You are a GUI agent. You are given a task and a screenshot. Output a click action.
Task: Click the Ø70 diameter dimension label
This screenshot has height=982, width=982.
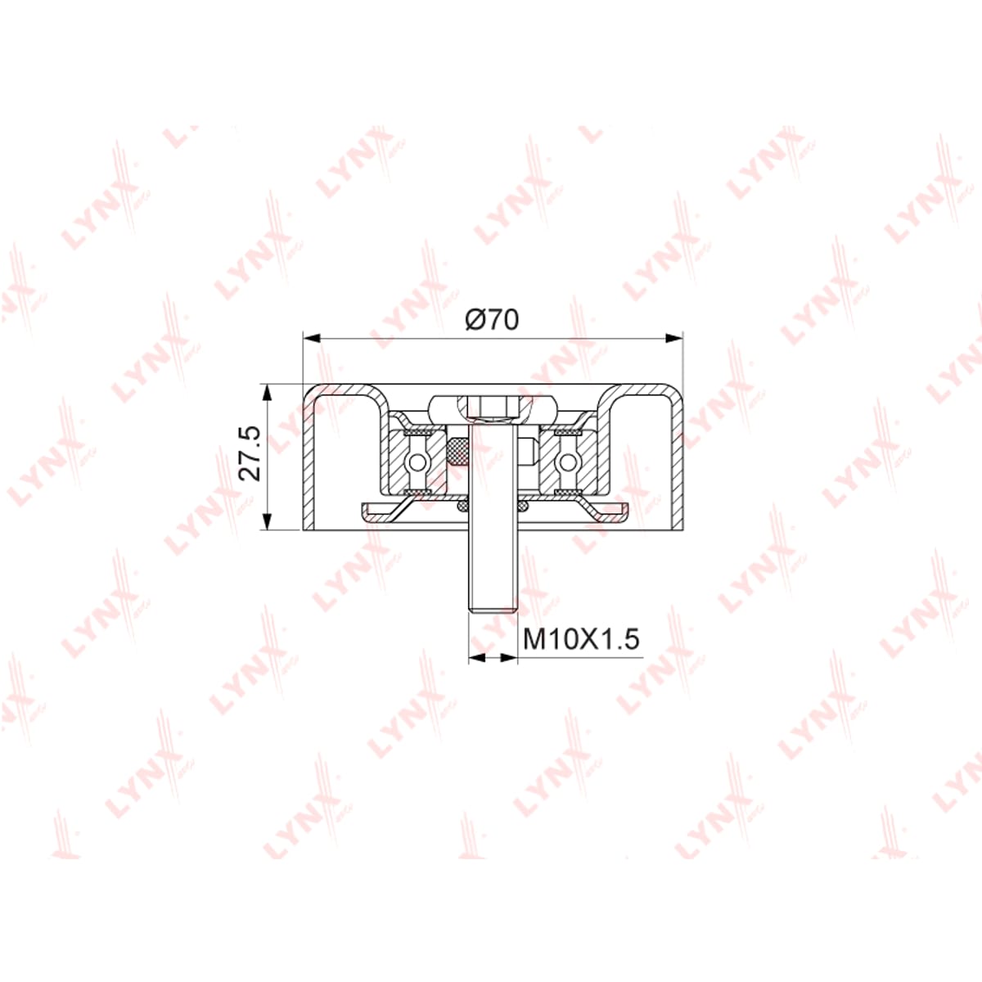pos(492,319)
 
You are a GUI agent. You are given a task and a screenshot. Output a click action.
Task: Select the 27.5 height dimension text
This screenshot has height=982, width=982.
pos(250,453)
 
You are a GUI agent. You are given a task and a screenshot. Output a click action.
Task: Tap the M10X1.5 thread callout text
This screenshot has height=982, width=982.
pos(581,639)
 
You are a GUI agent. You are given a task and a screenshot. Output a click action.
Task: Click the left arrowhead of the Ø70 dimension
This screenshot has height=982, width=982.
pos(311,338)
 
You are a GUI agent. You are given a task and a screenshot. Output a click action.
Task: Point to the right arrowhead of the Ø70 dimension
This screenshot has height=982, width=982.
pos(674,338)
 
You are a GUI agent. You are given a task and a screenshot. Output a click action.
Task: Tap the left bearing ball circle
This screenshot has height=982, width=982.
pos(418,462)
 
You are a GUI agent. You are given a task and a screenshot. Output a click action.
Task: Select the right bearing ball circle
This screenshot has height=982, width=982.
pos(568,462)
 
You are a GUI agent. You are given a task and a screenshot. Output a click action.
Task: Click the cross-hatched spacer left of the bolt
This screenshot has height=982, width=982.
pos(457,452)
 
